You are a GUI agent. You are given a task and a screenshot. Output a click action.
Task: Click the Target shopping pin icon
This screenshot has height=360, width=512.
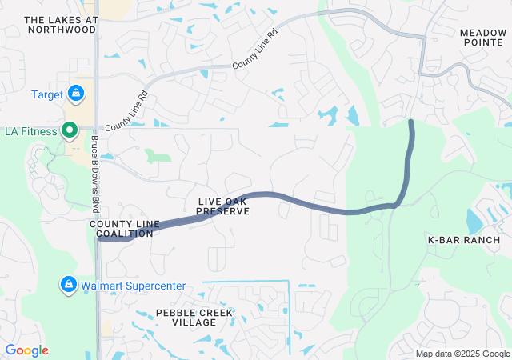75,94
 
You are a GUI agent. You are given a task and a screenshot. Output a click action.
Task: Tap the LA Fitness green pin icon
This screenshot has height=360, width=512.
70,130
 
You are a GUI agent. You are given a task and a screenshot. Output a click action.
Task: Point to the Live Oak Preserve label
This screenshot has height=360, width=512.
224,206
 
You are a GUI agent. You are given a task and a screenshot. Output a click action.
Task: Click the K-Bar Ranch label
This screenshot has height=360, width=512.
464,240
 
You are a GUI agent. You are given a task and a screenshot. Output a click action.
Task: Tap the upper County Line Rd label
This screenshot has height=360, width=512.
255,49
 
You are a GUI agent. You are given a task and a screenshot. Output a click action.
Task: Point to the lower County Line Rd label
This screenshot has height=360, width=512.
126,111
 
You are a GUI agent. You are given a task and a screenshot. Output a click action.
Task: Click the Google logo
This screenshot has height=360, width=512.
26,350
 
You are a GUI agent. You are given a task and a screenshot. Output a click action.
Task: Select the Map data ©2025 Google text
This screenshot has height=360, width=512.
462,354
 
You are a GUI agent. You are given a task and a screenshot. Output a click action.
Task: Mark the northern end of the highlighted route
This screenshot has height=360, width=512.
412,122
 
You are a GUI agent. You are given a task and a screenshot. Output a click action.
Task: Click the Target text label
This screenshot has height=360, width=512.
47,94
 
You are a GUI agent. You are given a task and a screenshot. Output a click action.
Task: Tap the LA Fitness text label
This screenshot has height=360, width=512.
31,130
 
